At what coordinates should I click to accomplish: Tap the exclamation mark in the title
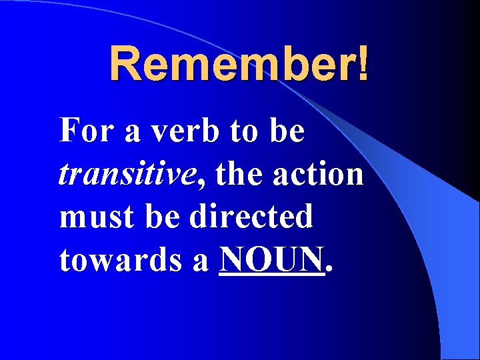(x=362, y=64)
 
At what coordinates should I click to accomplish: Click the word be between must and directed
(x=167, y=217)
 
